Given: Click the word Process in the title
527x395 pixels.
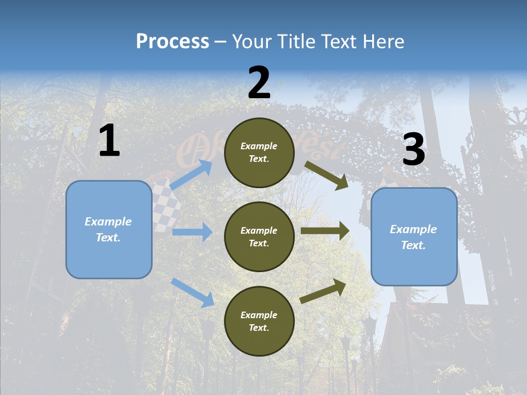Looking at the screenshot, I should [172, 41].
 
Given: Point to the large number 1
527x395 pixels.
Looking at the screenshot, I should [109, 141].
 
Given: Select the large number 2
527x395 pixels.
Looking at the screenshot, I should [259, 83].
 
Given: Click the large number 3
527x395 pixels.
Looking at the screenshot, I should [413, 150].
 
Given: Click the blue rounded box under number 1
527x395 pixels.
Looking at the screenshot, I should [109, 229].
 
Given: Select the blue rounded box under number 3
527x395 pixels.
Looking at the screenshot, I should [414, 236].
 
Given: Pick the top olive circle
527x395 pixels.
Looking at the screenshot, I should [259, 153].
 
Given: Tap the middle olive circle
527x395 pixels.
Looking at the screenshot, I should [259, 236].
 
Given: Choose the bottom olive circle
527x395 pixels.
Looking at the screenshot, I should [259, 321].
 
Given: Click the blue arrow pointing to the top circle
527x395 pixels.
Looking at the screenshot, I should [191, 174].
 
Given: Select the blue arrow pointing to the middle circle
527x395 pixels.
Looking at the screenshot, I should [192, 232].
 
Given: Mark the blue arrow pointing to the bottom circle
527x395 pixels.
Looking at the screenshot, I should [192, 292].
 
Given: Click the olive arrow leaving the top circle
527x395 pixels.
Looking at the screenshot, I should [327, 175].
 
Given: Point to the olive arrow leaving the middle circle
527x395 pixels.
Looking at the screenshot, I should [325, 231].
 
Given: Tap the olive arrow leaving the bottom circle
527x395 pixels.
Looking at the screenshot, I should [323, 291].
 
